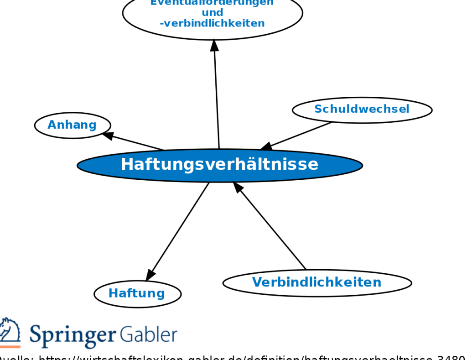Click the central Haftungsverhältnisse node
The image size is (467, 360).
coord(219,165)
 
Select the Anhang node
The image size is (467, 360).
coord(73,125)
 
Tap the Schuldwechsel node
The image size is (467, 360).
coord(362,110)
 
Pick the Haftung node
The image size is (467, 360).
coord(137,293)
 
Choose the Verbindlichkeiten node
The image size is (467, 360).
coord(317,282)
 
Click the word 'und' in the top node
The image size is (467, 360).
coord(213,12)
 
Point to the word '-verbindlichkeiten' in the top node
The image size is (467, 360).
coord(213,23)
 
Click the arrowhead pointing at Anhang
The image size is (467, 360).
coord(108,135)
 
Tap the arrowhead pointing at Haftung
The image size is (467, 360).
coord(150,275)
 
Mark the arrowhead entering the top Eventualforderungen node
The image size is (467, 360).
coord(214,45)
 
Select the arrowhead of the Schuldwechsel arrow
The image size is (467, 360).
coord(266,146)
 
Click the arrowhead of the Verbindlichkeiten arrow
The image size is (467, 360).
coord(238,187)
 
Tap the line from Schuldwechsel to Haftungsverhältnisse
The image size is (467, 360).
coord(301,134)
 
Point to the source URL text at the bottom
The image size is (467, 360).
coord(233,357)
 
